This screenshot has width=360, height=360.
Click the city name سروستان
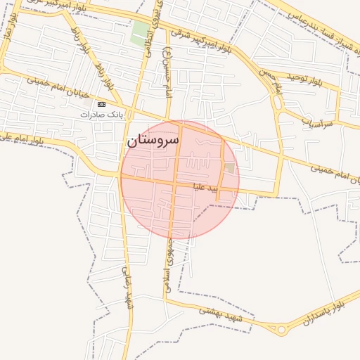[x=153, y=140]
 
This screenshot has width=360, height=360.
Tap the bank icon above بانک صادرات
[x=101, y=103]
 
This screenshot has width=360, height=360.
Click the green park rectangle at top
[x=140, y=32]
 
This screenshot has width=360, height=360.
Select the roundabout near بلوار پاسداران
[x=281, y=329]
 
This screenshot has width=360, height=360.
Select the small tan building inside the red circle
[x=230, y=168]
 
